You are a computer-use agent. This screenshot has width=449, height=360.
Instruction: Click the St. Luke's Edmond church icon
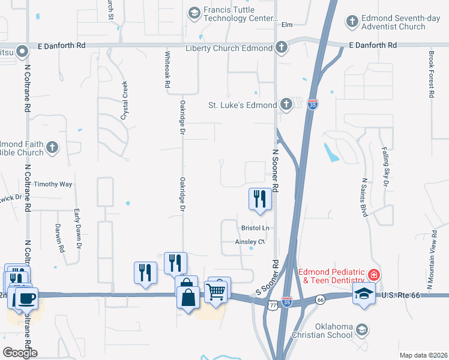(x=286, y=104)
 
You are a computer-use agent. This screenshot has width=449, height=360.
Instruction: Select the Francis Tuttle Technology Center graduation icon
(x=194, y=12)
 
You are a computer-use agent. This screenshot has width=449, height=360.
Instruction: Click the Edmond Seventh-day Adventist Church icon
(x=353, y=22)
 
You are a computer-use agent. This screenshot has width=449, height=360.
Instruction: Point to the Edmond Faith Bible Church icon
(x=53, y=148)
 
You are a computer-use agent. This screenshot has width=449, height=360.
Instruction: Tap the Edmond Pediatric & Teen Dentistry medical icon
(x=374, y=275)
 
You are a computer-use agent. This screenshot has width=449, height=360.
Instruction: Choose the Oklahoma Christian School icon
(x=361, y=329)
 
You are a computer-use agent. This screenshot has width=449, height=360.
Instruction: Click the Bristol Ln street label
(x=255, y=228)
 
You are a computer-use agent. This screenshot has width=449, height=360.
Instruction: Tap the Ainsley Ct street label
(x=250, y=242)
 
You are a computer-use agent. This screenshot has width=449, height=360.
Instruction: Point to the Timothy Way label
(x=53, y=184)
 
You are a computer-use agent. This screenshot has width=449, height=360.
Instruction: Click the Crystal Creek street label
(x=124, y=101)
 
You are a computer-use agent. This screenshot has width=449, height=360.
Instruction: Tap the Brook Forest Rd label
(x=431, y=73)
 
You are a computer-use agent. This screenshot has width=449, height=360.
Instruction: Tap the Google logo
(x=20, y=352)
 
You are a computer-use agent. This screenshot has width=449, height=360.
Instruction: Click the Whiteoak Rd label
(x=167, y=70)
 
